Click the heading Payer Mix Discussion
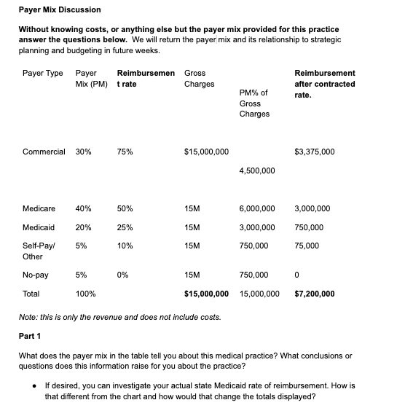(60, 9)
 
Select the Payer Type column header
(42, 74)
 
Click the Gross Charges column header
(200, 79)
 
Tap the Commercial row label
(44, 152)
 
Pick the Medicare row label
(39, 208)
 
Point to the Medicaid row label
(39, 227)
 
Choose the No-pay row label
(36, 275)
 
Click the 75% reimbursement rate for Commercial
(125, 152)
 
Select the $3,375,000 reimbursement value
(315, 152)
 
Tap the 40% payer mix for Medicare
(84, 208)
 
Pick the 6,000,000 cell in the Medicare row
(257, 208)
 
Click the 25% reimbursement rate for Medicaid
(125, 227)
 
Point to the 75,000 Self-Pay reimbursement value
(307, 246)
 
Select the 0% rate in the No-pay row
(122, 275)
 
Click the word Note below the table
(28, 317)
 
